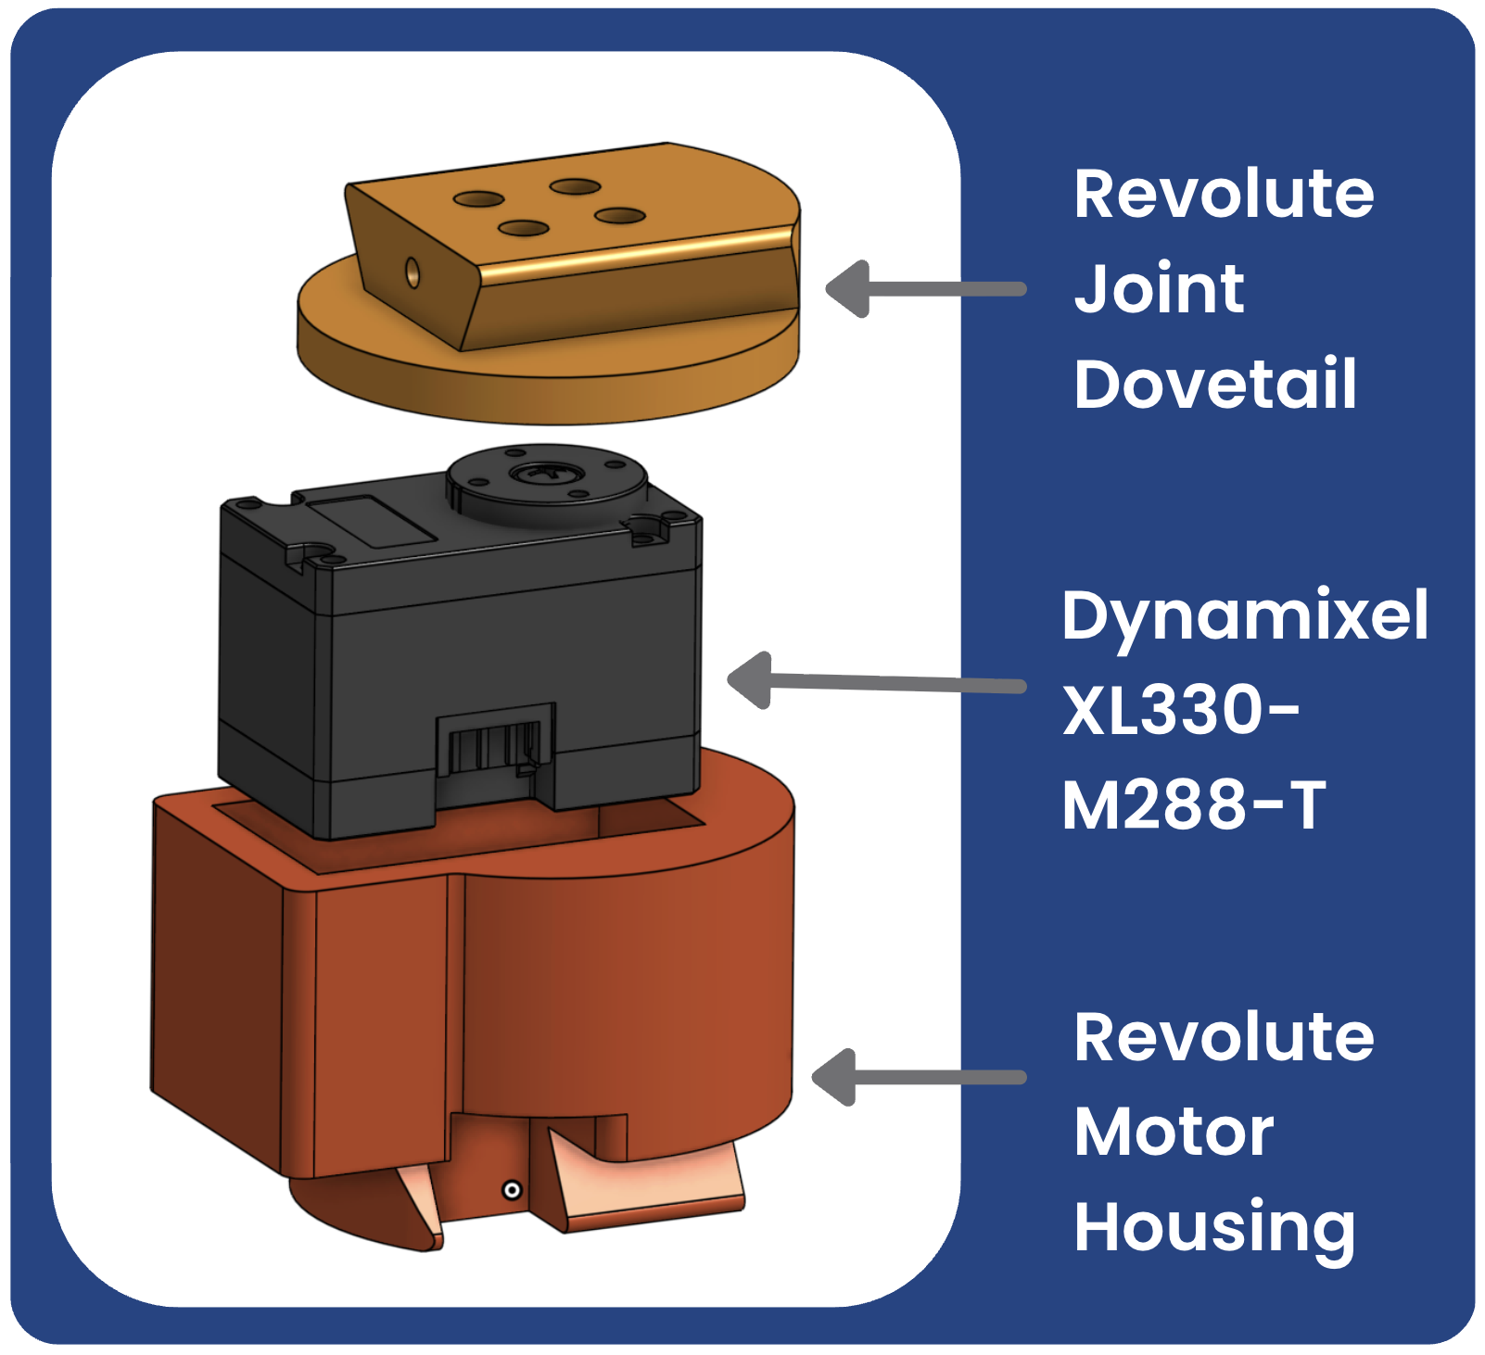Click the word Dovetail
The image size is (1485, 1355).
click(1214, 384)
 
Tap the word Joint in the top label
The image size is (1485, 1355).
click(1159, 288)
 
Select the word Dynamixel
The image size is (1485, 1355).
click(1244, 615)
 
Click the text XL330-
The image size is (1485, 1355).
click(1180, 711)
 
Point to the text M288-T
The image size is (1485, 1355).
click(1193, 804)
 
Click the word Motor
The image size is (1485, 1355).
click(1174, 1132)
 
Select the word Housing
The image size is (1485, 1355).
click(1214, 1228)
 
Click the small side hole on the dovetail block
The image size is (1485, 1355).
click(412, 273)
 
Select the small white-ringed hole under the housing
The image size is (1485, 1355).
click(511, 1190)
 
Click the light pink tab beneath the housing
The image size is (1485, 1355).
click(649, 1182)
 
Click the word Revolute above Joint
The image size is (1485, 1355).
click(1224, 194)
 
